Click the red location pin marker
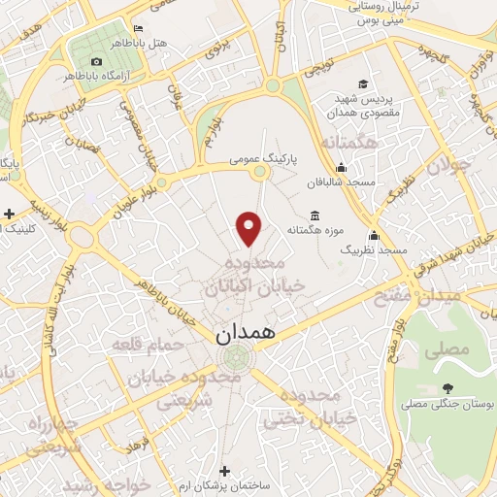[250, 227]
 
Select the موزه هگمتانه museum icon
[315, 215]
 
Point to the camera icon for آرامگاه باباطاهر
[96, 62]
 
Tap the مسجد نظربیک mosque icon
[374, 234]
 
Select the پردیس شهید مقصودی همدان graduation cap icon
[363, 83]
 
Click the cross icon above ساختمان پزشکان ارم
[225, 469]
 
